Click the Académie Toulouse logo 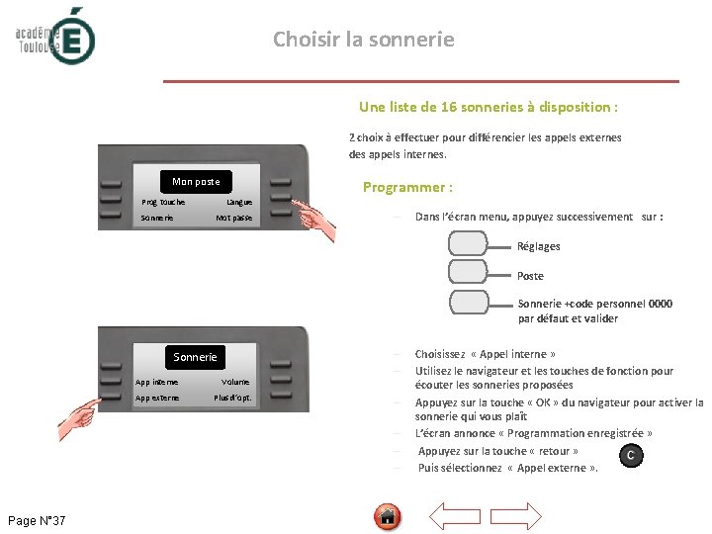(x=55, y=36)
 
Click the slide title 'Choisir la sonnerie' (x=364, y=40)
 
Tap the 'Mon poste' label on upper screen (x=196, y=181)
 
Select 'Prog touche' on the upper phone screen (x=163, y=202)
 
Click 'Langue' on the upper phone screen (x=239, y=202)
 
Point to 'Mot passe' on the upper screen (x=234, y=218)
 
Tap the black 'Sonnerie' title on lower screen (x=195, y=357)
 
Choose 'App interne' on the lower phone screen (x=157, y=382)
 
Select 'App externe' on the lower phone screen (x=158, y=399)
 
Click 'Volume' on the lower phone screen (x=235, y=382)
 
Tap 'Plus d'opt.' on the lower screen (x=233, y=399)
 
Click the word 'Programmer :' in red (x=407, y=187)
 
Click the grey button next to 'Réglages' (x=468, y=243)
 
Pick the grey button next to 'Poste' (x=468, y=272)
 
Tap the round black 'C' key (x=630, y=455)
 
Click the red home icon (x=389, y=516)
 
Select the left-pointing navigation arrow (x=456, y=516)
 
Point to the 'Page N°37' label (x=37, y=520)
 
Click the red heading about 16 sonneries (x=489, y=107)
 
